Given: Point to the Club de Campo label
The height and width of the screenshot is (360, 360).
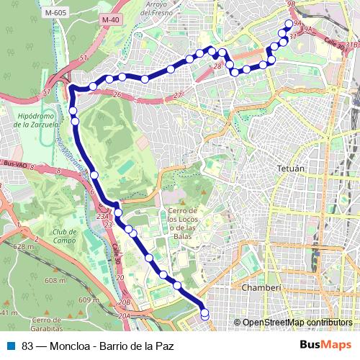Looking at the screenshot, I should (65, 236).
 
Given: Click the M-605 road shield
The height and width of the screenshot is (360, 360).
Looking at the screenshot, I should (55, 12).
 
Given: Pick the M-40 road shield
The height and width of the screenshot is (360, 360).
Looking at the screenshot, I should (109, 19).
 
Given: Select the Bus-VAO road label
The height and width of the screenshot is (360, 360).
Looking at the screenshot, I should (16, 166).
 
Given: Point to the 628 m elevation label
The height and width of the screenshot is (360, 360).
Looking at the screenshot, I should (23, 247).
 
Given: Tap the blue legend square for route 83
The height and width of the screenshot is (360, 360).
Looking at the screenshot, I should (9, 346).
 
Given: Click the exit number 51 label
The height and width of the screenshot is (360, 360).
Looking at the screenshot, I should (83, 57).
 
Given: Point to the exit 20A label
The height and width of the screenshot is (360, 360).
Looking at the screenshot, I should (125, 315).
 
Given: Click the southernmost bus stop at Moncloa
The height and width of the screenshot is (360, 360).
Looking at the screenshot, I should (205, 315).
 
